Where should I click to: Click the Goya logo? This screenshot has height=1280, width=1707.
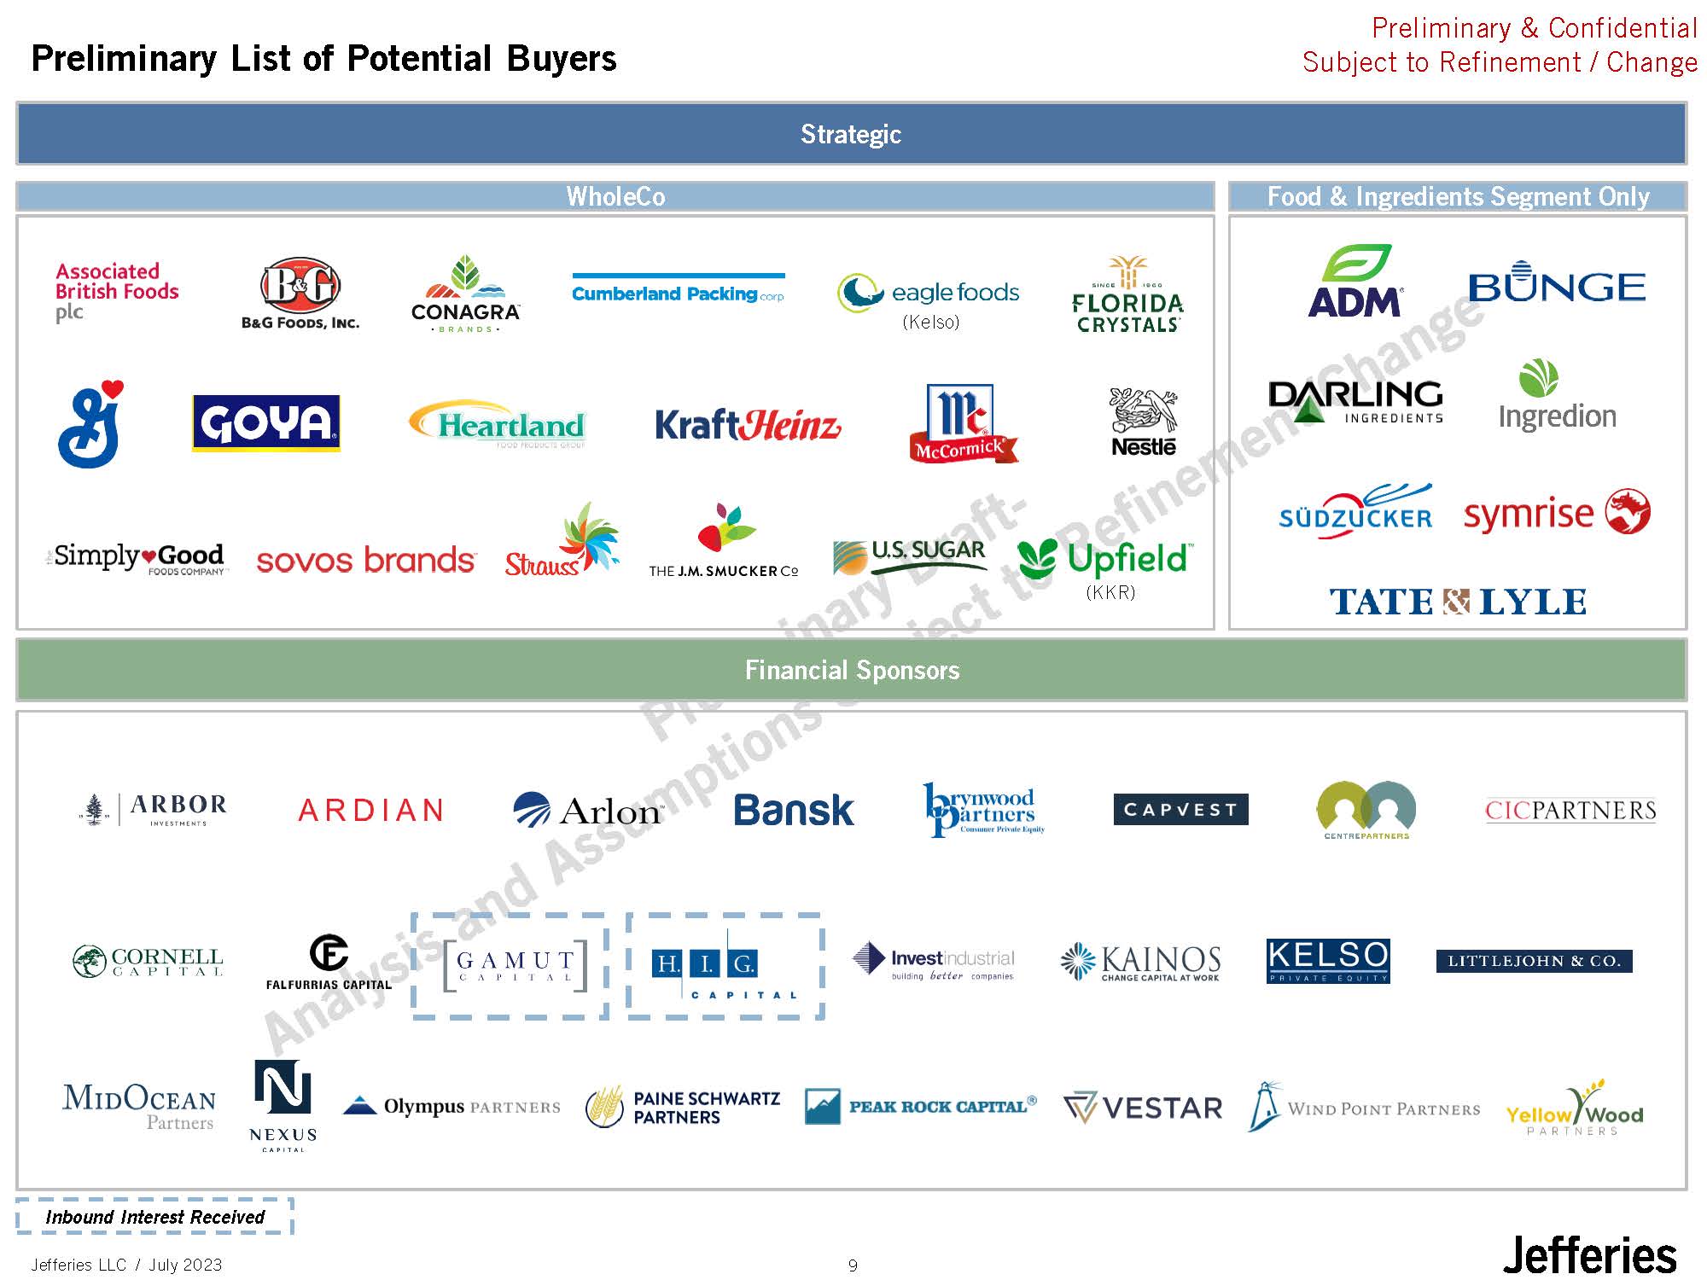pos(265,422)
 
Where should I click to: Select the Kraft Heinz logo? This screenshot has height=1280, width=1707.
pos(748,424)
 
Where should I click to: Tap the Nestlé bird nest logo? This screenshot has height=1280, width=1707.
pos(1143,422)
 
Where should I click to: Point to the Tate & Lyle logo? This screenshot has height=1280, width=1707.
pos(1458,602)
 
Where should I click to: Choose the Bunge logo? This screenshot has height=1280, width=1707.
pos(1557,283)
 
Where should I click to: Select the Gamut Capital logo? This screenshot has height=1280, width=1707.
pos(515,966)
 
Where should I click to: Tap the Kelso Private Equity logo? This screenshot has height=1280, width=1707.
pos(1328,960)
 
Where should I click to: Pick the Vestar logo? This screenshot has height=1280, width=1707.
pos(1143,1108)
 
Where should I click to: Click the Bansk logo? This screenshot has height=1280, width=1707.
pos(794,810)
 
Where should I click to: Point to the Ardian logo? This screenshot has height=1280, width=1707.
pos(370,810)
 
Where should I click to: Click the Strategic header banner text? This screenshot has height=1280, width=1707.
pos(851,134)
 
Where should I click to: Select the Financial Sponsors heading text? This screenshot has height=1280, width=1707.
pos(852,670)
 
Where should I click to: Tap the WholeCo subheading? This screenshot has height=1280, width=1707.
pos(615,196)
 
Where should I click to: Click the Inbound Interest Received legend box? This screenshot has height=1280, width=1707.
pos(154,1217)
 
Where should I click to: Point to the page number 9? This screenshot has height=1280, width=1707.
pos(853,1265)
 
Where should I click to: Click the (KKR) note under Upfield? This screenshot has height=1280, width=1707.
pos(1110,592)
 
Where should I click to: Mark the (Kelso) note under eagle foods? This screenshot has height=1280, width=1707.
pos(930,322)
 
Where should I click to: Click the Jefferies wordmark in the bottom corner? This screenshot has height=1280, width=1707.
pos(1589,1256)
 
